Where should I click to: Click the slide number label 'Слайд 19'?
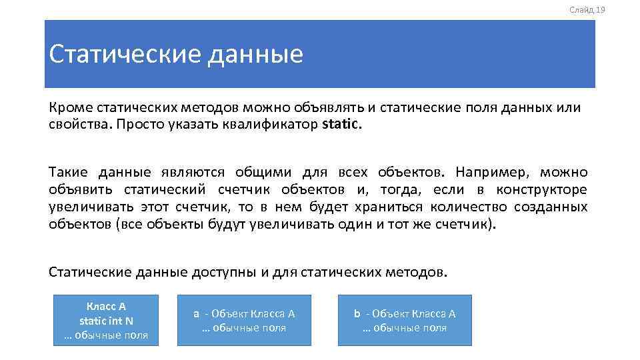587,9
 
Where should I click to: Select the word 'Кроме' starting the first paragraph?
70,107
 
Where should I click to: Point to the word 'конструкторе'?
542,190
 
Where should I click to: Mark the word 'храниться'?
393,207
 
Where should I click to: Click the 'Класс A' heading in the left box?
106,307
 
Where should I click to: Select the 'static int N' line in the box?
106,321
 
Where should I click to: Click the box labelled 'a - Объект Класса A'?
244,320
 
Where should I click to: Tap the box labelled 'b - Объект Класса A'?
404,320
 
